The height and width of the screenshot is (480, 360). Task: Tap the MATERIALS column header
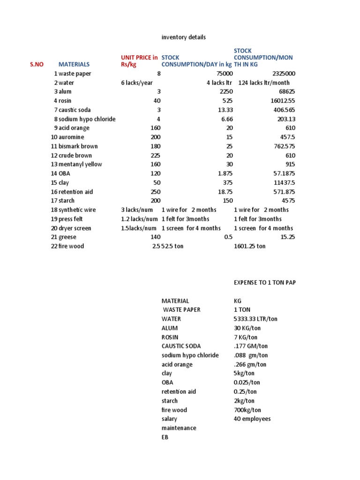tap(74, 64)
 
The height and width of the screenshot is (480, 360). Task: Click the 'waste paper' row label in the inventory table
tap(75, 74)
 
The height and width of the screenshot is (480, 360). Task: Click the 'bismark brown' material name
tap(78, 146)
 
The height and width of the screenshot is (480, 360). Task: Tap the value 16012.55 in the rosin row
tap(281, 101)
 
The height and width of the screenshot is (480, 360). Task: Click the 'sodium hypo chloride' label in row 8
tap(87, 119)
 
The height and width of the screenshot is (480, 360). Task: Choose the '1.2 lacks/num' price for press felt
tap(139, 219)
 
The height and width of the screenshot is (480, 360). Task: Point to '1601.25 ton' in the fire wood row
tap(249, 246)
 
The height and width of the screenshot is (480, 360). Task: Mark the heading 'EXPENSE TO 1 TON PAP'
tap(265, 283)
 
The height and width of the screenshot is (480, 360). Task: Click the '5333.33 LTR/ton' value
tap(255, 319)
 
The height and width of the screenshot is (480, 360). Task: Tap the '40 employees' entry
tap(252, 419)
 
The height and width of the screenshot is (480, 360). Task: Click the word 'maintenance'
tap(179, 428)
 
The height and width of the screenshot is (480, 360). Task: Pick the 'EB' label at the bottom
tap(165, 437)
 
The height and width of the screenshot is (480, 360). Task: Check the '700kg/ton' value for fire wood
tap(247, 410)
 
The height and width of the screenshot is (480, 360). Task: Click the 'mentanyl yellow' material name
tap(80, 165)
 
